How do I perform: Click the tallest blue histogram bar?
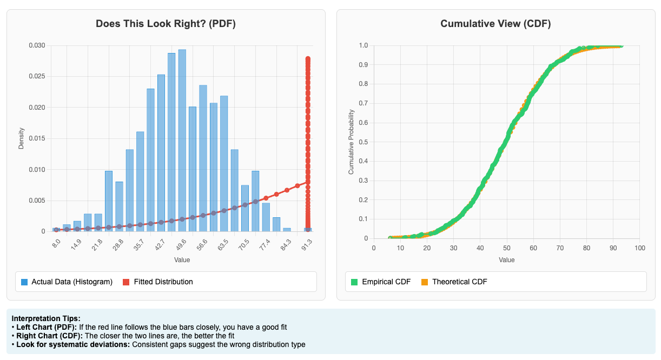pos(182,141)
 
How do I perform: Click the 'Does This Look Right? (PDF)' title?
pos(166,24)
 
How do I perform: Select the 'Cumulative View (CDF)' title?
pos(495,24)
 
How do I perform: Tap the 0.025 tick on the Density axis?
pos(37,76)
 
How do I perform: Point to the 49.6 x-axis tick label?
pos(181,245)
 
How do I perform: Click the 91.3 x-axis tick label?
pos(307,245)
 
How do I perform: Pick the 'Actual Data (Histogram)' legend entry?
pos(67,282)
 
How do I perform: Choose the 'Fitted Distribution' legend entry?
pos(158,282)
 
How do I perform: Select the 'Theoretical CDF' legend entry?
pos(454,282)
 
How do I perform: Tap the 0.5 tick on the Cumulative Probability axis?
pos(363,142)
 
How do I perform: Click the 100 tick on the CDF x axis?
pos(640,248)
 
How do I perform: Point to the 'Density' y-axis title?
pos(21,138)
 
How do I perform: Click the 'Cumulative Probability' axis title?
pos(351,142)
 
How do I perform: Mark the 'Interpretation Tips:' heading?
pos(46,318)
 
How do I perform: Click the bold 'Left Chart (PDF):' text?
pos(47,327)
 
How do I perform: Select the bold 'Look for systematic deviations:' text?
pos(73,344)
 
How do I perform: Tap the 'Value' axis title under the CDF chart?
pos(507,260)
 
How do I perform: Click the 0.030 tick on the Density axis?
pos(37,45)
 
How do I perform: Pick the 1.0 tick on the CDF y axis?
pos(363,45)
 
